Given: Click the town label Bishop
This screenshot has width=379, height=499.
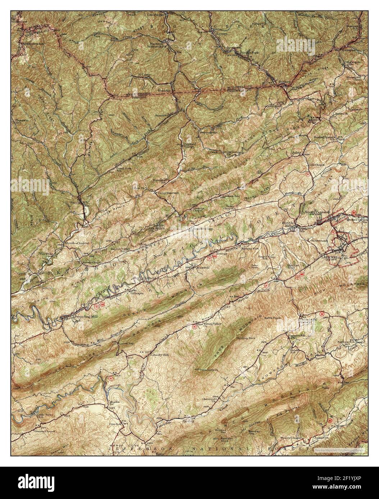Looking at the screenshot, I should coord(284,82).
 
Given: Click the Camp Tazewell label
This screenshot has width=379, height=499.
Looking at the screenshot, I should coord(168,193).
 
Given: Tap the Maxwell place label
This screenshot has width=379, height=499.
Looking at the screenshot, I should coord(201,267).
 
